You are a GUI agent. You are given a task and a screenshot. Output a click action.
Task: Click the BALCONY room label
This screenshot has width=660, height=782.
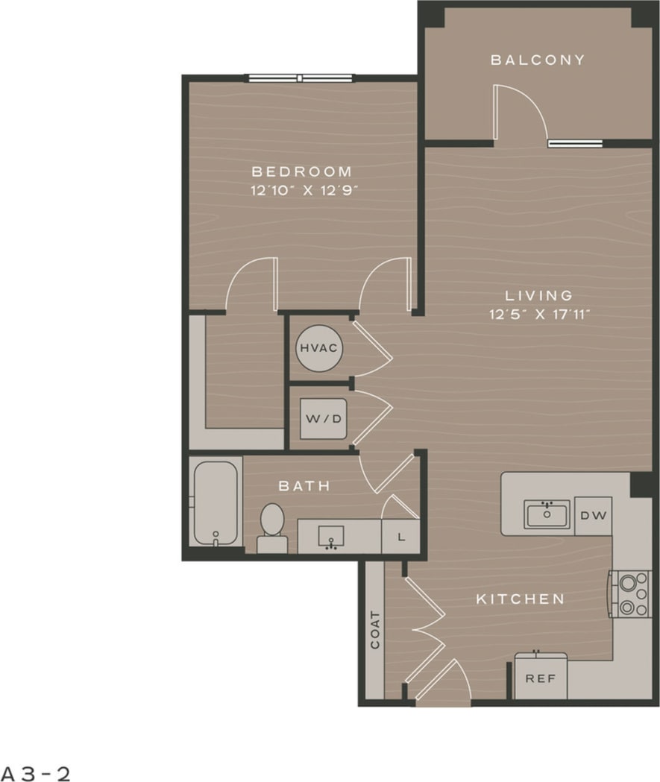(x=537, y=60)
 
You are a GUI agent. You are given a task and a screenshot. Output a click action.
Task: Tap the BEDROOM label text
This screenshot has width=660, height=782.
(x=301, y=171)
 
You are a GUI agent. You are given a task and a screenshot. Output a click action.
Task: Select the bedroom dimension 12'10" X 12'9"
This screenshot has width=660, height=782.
(x=304, y=190)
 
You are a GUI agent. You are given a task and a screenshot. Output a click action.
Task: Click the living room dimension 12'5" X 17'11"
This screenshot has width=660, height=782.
(x=540, y=314)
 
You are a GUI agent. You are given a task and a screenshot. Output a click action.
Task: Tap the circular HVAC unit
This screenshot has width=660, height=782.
(x=319, y=348)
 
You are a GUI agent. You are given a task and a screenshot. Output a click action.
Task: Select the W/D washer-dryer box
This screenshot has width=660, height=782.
(x=323, y=418)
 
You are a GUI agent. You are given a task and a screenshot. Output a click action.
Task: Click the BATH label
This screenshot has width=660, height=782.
(x=304, y=486)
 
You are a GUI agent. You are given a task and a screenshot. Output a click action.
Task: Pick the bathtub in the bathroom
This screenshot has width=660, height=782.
(x=215, y=503)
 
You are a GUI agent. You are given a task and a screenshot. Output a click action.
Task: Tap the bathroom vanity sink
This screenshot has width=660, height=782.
(x=331, y=536)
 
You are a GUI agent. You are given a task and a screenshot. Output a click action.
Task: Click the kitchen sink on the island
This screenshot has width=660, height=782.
(x=547, y=514)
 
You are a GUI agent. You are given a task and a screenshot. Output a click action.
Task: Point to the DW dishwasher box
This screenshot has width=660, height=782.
(x=593, y=515)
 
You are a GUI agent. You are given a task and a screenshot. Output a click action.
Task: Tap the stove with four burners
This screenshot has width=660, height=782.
(x=631, y=593)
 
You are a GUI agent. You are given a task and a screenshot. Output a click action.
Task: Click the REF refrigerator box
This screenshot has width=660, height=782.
(x=541, y=678)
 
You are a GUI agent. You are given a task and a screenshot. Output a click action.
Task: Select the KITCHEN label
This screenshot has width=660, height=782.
(x=520, y=599)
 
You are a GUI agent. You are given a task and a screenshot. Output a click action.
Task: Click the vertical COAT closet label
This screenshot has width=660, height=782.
(x=374, y=629)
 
